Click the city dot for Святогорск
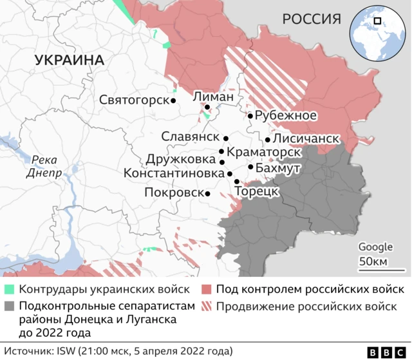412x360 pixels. click(174, 100)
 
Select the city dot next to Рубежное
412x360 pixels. click(250, 116)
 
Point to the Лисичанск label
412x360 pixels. click(306, 138)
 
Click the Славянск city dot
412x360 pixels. click(226, 138)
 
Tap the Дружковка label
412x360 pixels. click(180, 158)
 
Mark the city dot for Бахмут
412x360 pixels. click(250, 167)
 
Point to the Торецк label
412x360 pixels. click(257, 191)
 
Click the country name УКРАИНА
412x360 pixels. click(69, 60)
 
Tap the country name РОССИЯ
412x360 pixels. click(311, 19)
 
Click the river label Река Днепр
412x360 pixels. click(44, 167)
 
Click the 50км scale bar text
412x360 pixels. click(373, 261)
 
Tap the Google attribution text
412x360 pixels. click(375, 247)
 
